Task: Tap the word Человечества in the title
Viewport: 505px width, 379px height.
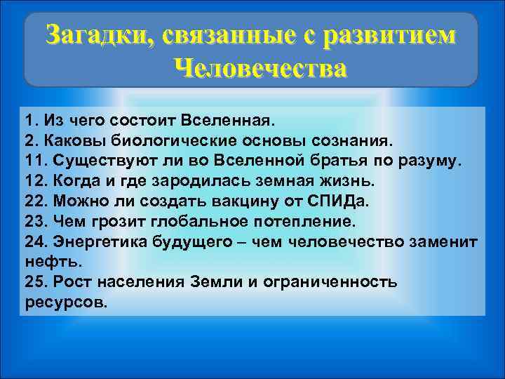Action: [x=260, y=69]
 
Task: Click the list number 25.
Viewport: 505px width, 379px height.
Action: [x=34, y=282]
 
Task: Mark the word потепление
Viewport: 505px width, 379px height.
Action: [x=309, y=221]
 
